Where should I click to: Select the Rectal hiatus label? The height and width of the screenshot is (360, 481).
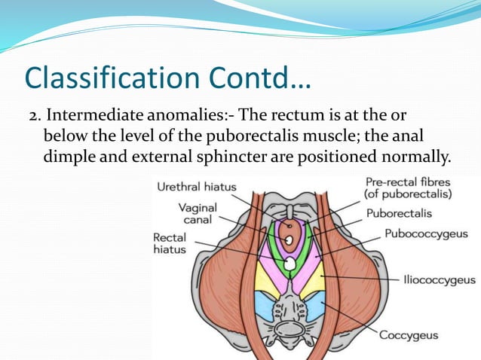pyautogui.click(x=170, y=243)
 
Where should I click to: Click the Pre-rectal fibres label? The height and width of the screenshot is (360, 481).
pyautogui.click(x=409, y=188)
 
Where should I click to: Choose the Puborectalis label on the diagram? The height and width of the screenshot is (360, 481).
pyautogui.click(x=399, y=213)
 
